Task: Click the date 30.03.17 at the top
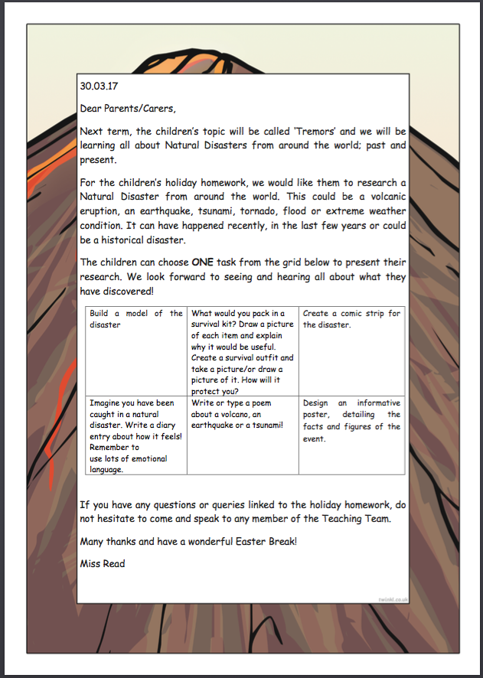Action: [x=99, y=86]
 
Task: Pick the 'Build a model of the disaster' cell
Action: [x=135, y=318]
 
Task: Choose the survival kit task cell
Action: [x=242, y=351]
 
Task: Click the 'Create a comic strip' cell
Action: [x=351, y=318]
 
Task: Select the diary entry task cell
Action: [x=135, y=435]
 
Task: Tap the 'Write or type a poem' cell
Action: [x=242, y=413]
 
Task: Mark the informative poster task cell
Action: [x=351, y=420]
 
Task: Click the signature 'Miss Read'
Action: [x=103, y=564]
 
